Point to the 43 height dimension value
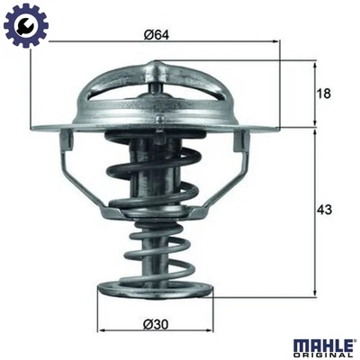tap(326, 210)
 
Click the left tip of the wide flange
tap(33, 128)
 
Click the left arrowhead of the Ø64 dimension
tap(33, 44)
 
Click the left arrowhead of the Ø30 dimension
tap(99, 330)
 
